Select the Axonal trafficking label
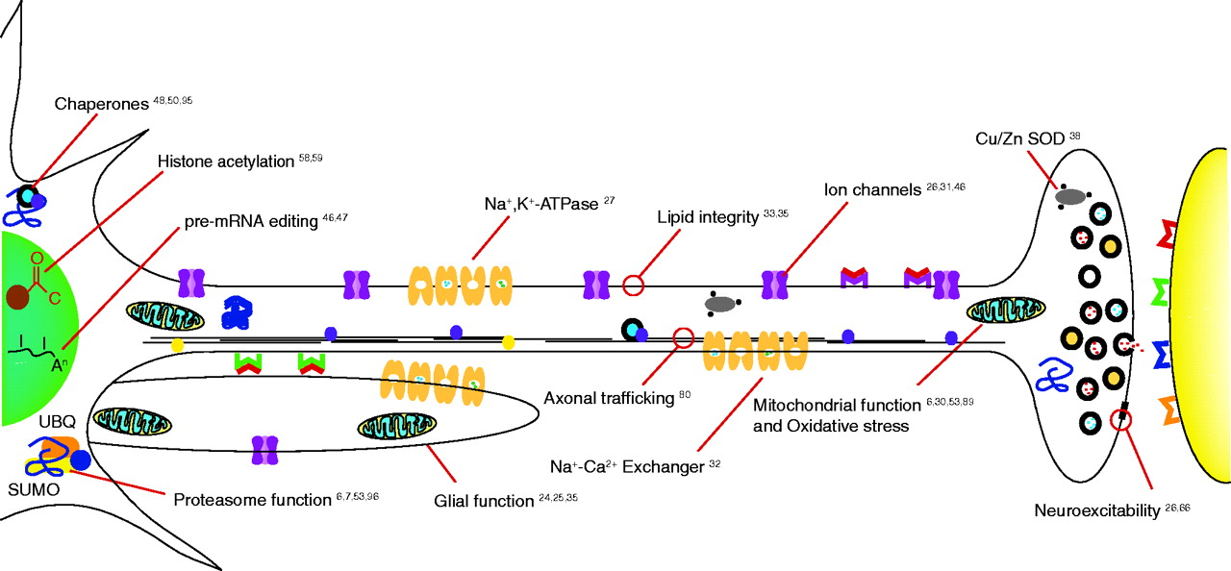click(x=609, y=396)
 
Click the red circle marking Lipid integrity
click(x=633, y=285)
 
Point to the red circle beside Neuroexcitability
click(x=1119, y=420)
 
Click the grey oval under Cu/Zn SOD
click(x=1070, y=196)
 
